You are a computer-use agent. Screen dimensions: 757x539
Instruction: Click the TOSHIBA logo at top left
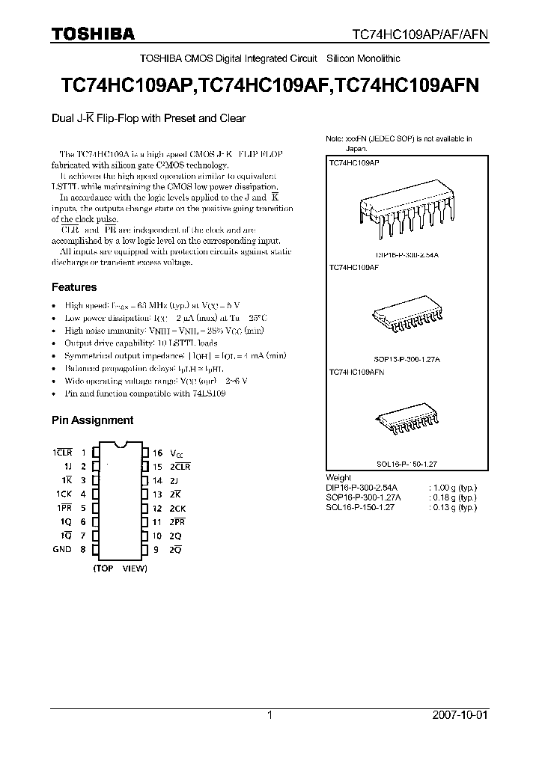point(93,34)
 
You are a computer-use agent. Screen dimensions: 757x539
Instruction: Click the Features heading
point(74,287)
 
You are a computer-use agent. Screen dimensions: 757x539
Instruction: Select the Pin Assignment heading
point(92,420)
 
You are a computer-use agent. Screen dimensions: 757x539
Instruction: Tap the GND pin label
point(62,549)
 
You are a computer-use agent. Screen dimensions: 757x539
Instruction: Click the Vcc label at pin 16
point(176,453)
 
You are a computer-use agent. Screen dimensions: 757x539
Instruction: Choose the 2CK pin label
point(177,508)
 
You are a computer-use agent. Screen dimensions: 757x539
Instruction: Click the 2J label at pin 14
point(174,480)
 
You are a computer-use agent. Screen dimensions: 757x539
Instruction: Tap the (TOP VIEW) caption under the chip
point(120,568)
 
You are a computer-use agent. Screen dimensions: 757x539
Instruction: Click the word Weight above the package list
point(338,477)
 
